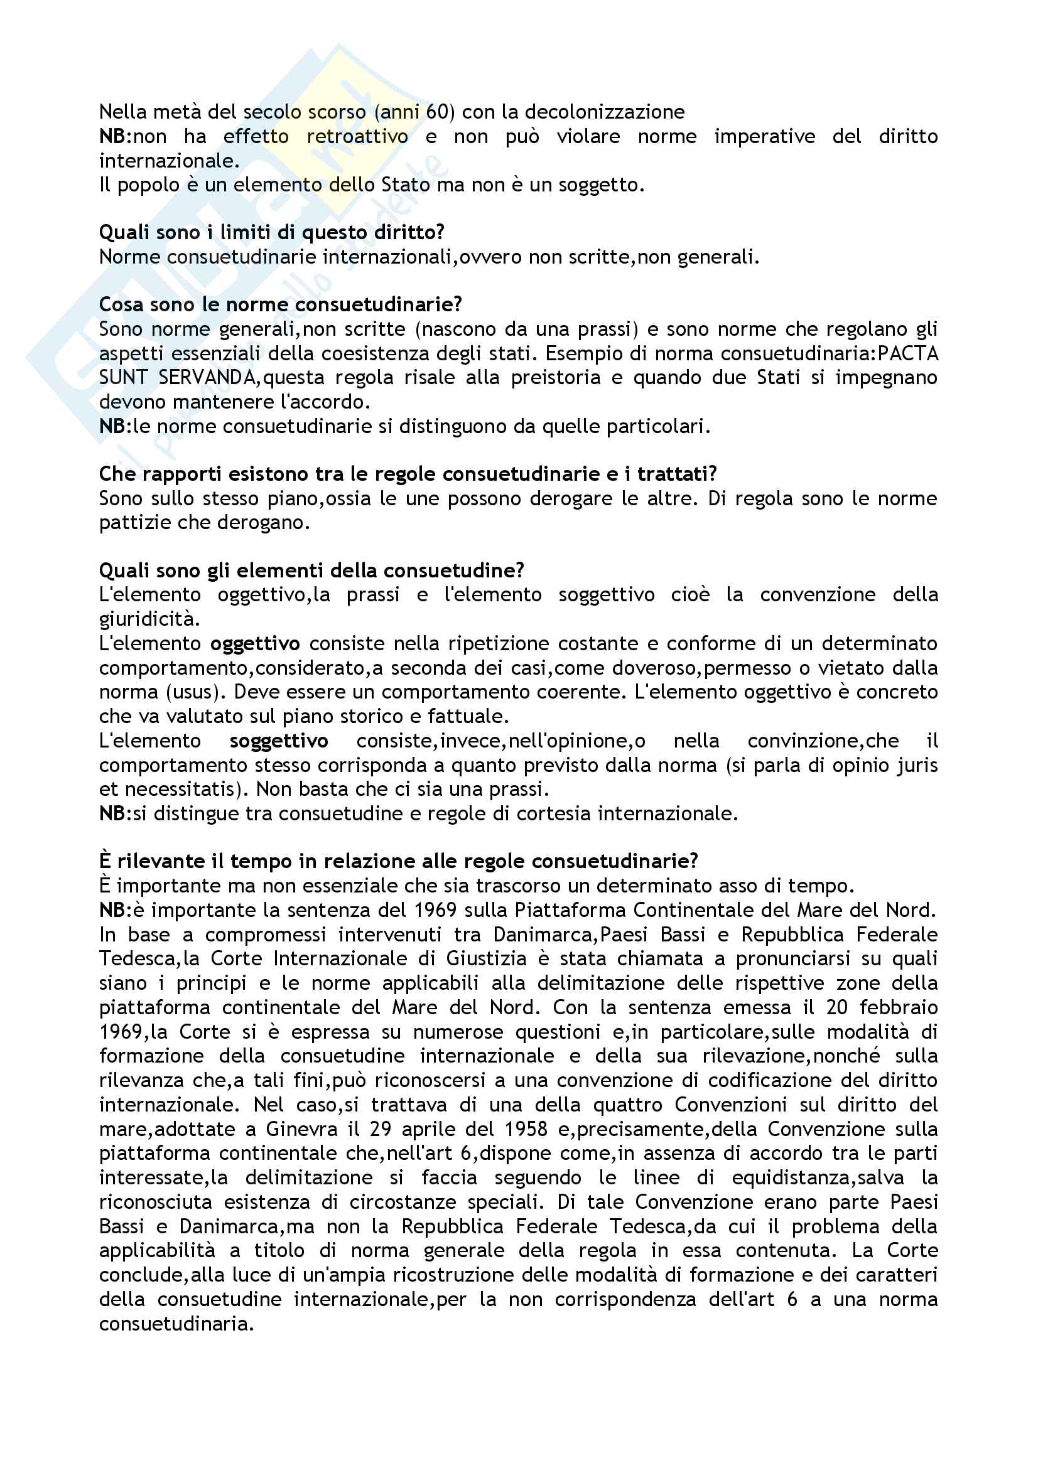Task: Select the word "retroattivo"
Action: (x=357, y=136)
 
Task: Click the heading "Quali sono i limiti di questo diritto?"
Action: (x=271, y=232)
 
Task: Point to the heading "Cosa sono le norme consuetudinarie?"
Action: (x=280, y=304)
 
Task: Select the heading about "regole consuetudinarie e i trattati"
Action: (x=408, y=474)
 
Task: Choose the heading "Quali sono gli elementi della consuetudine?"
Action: (x=311, y=571)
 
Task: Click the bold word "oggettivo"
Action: (x=254, y=643)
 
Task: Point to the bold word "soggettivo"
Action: (x=279, y=741)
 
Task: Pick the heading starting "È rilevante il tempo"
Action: (x=397, y=861)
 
